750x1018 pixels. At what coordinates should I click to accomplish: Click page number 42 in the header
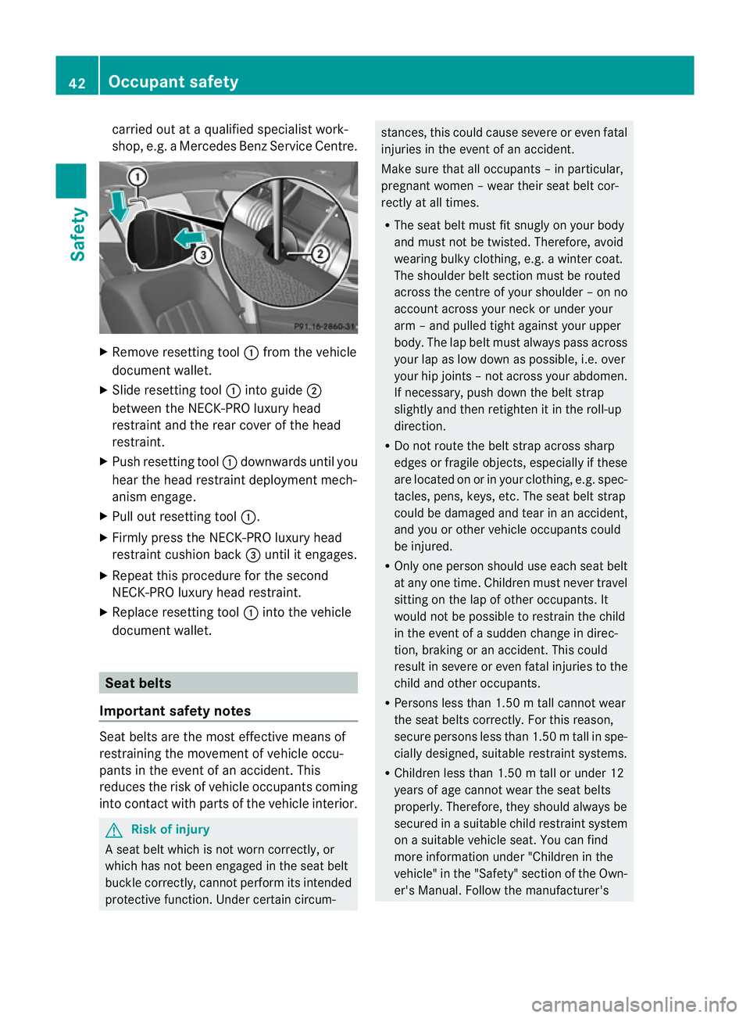[x=77, y=83]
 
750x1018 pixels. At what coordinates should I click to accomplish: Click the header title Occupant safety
[x=173, y=81]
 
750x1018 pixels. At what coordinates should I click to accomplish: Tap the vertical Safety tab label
[x=77, y=234]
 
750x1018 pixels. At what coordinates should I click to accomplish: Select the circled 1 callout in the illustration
[x=137, y=177]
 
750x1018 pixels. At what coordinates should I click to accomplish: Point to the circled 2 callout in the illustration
[x=320, y=253]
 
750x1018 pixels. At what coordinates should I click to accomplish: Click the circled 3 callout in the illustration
[x=202, y=255]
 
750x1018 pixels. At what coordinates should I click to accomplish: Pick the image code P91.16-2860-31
[x=324, y=326]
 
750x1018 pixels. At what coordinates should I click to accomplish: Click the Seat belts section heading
[x=138, y=683]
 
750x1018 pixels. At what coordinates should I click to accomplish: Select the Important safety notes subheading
[x=175, y=711]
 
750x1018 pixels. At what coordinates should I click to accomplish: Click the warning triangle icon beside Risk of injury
[x=114, y=830]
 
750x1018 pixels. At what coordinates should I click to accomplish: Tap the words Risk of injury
[x=170, y=830]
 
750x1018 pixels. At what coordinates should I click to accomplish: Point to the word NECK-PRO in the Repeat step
[x=138, y=593]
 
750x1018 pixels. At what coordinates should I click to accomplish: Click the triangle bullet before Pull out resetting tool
[x=104, y=517]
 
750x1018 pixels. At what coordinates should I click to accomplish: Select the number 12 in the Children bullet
[x=617, y=773]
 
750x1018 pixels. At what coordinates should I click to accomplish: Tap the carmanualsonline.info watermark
[x=634, y=1004]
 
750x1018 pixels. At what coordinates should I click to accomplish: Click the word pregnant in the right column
[x=405, y=186]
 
